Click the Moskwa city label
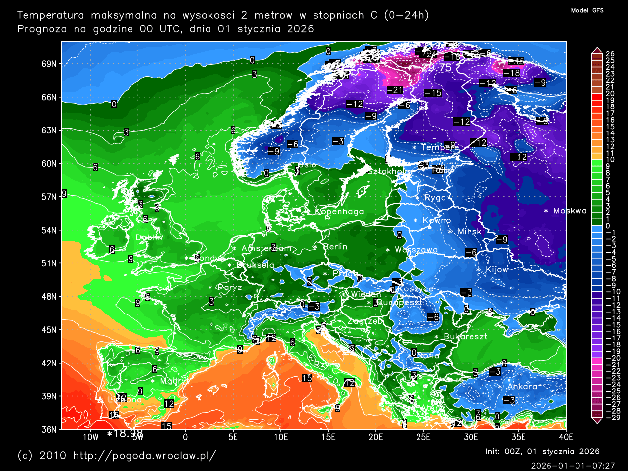coord(570,211)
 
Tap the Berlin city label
coord(335,247)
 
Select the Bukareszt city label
coord(465,337)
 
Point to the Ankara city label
coord(522,387)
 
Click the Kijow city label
coord(497,270)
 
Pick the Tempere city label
coord(440,147)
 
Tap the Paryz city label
coord(230,288)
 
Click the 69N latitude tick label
coord(49,64)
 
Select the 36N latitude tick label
coord(49,429)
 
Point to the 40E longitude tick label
coord(566,437)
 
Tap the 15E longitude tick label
coord(328,437)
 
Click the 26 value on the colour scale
coord(610,54)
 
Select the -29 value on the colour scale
coord(611,418)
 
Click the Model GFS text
coord(587,10)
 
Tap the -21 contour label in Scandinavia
coord(394,90)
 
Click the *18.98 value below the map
coord(125,433)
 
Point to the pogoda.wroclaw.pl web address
coord(144,455)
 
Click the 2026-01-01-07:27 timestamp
coord(573,465)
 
